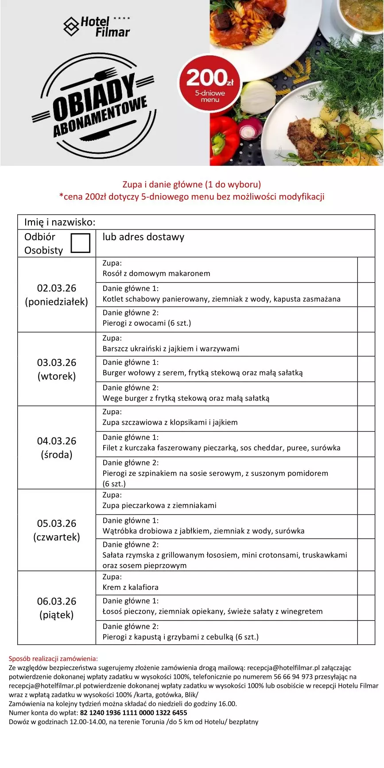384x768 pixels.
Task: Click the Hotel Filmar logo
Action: coord(97,27)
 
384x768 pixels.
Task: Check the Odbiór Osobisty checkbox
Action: coord(80,243)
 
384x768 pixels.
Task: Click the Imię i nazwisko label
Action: coord(60,222)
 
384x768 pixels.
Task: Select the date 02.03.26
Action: coord(57,288)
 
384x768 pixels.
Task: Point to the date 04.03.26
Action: coord(57,441)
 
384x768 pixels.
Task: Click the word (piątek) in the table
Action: coord(57,615)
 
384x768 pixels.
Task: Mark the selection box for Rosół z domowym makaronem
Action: coord(366,269)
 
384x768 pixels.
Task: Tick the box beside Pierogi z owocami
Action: coord(366,319)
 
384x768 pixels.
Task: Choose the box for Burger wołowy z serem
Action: coord(366,369)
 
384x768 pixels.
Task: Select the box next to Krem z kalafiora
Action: coord(366,583)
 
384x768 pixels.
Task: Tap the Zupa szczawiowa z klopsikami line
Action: coord(170,422)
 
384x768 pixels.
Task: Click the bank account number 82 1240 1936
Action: coord(133,713)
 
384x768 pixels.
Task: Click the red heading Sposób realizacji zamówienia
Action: coord(53,659)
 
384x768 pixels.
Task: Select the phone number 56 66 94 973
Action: coord(293,677)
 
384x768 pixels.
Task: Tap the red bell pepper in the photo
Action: coord(225,140)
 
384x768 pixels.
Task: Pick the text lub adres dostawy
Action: coord(143,237)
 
